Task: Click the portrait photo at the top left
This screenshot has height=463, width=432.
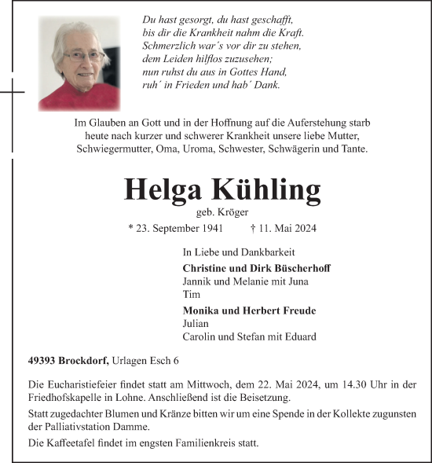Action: (79, 64)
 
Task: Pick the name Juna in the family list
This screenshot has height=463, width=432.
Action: (298, 281)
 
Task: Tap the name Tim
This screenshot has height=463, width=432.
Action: (190, 294)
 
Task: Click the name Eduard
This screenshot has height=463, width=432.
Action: (298, 336)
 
